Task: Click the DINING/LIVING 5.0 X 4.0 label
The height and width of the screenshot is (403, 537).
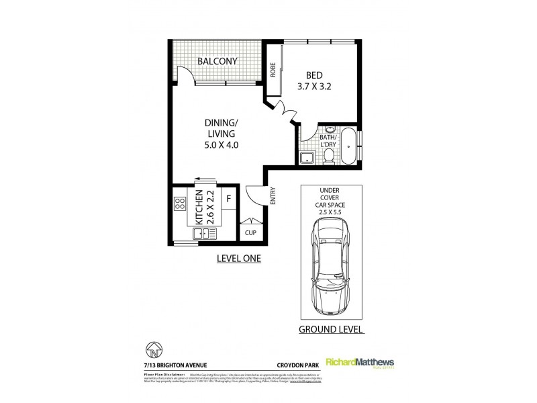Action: [221, 134]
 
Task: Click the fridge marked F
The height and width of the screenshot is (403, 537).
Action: [228, 199]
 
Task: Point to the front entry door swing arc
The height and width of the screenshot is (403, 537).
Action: [254, 195]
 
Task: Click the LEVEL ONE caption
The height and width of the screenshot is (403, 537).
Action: [237, 258]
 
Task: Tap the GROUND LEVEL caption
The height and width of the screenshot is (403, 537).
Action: [332, 330]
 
